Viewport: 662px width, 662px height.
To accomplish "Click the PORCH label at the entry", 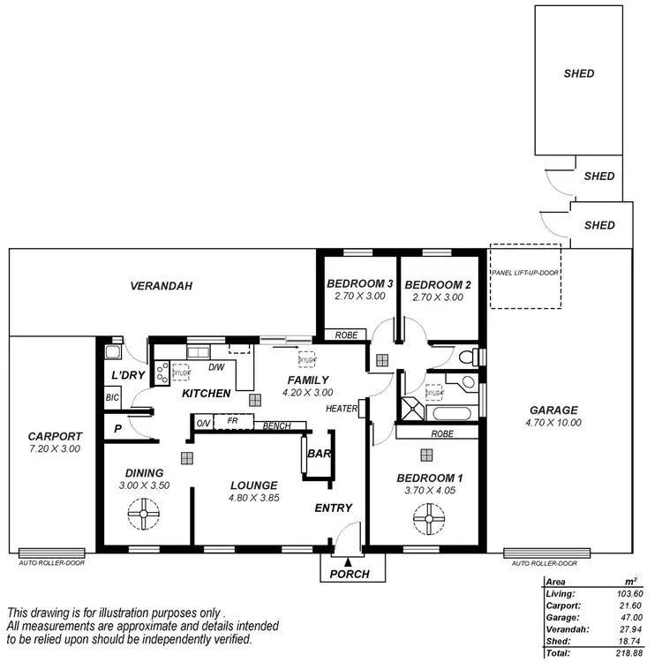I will pos(350,575).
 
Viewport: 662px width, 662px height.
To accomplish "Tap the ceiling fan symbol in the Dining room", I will pos(142,514).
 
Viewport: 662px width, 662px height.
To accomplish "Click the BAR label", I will pos(318,455).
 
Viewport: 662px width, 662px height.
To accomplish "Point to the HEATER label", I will pos(342,409).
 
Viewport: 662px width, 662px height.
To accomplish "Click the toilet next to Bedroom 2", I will pos(471,357).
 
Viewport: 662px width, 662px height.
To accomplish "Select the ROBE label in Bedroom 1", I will pos(442,433).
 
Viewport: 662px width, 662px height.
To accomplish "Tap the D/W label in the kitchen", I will pos(215,367).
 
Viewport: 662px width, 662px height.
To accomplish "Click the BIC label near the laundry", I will pos(112,398).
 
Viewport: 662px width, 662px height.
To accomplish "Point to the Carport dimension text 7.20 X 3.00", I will pos(55,449).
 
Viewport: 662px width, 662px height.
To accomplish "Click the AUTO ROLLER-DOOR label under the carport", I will pos(52,562).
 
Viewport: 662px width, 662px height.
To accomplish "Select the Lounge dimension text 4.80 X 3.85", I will pos(254,498).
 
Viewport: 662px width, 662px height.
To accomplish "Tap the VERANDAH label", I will pos(161,286).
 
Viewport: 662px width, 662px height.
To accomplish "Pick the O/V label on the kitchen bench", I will pos(202,422).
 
